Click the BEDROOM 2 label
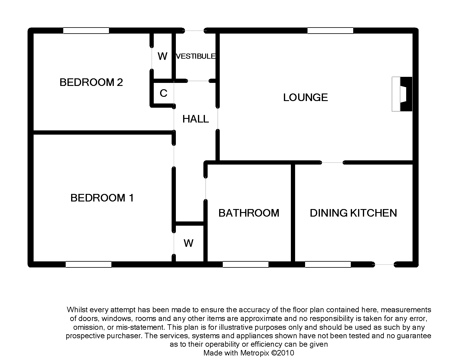pos(91,82)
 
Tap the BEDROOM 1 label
pos(102,198)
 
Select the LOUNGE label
pos(305,97)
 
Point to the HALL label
pos(196,119)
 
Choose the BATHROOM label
pos(249,213)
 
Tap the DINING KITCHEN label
pos(354,213)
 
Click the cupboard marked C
pos(163,93)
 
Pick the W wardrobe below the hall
pos(188,243)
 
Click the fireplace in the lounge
pos(402,94)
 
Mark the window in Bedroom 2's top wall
pos(86,31)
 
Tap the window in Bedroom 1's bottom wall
pos(89,264)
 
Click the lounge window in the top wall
pos(331,31)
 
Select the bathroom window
pos(245,264)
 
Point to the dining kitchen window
pos(328,264)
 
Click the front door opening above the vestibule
pos(194,31)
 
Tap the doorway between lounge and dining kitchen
pos(333,162)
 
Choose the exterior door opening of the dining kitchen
pos(384,264)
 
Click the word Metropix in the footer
pos(255,353)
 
